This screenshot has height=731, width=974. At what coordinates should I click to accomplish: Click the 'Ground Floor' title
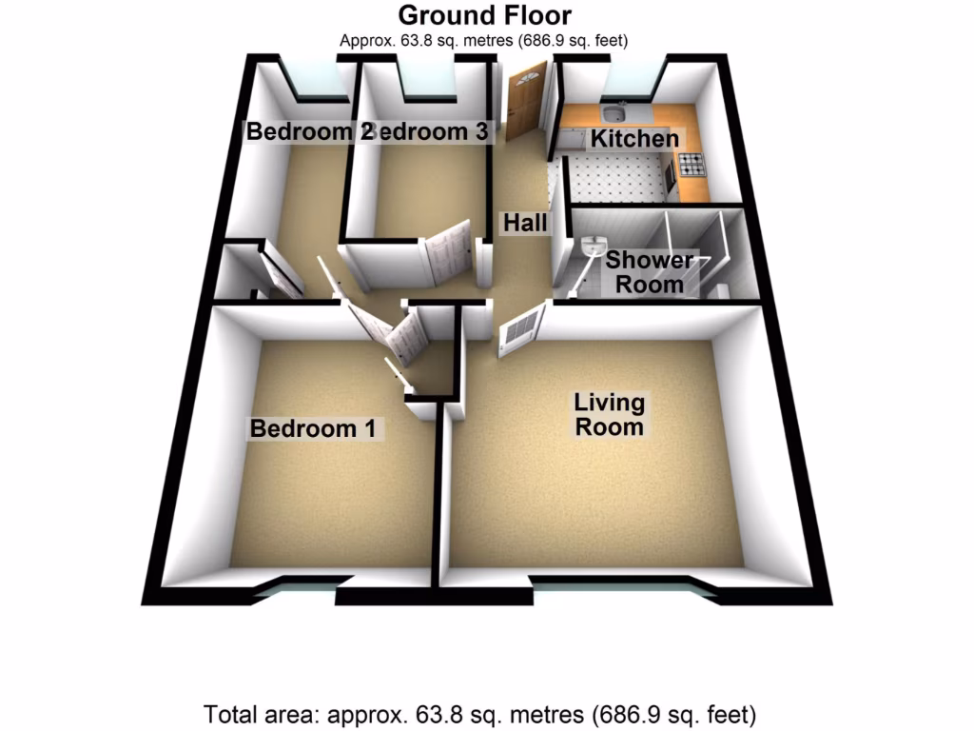pos(485,15)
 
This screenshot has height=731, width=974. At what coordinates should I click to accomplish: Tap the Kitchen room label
pos(635,139)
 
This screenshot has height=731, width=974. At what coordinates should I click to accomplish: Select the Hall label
pos(526,224)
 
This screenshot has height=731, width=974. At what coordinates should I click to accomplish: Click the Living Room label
pos(609,414)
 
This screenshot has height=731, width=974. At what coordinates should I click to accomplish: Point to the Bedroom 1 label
pos(314,429)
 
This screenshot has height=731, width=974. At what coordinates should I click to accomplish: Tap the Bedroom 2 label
pos(302,132)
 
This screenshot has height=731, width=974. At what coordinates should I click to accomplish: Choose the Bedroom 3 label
pos(433,132)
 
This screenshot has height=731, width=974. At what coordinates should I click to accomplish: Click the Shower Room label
pos(650,271)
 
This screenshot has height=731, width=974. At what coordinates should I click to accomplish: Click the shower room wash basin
pos(594,245)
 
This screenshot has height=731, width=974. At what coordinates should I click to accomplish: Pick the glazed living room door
pos(520,329)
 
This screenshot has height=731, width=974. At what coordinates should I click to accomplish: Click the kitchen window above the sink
pos(628,81)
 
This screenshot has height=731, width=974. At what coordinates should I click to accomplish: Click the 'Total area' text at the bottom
pos(480,713)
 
